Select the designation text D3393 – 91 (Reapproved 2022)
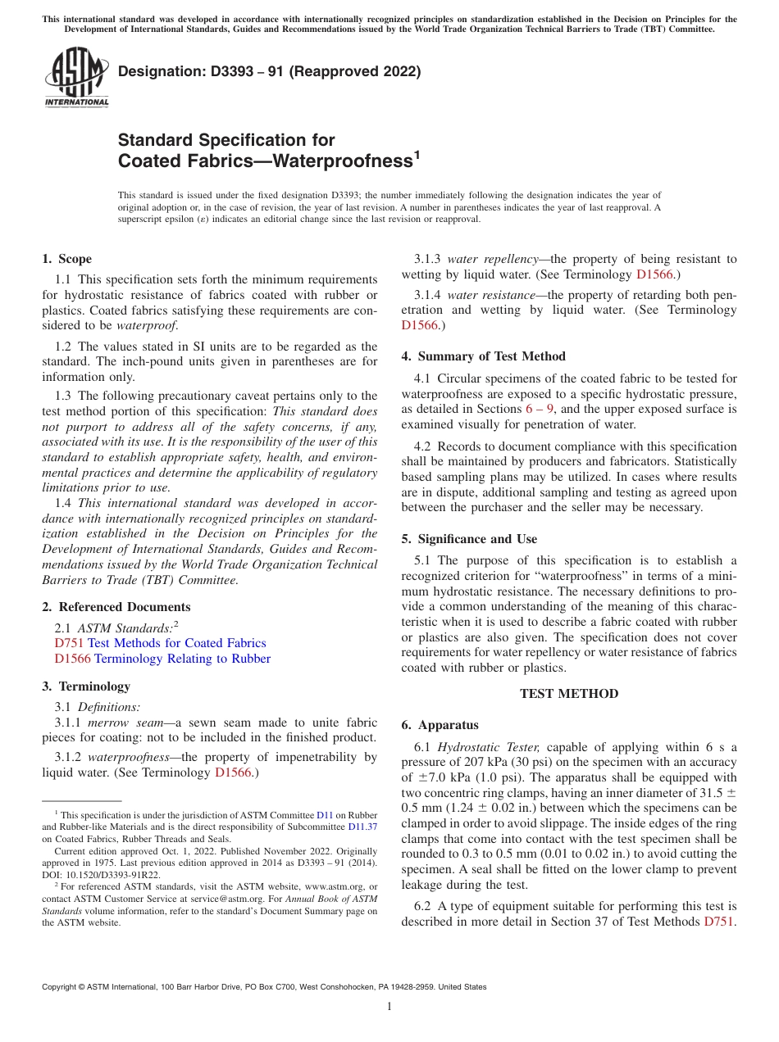click(270, 71)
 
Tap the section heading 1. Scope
click(67, 259)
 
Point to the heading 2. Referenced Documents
click(116, 607)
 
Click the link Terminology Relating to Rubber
click(182, 659)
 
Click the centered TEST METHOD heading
click(569, 694)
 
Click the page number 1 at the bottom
click(389, 1007)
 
